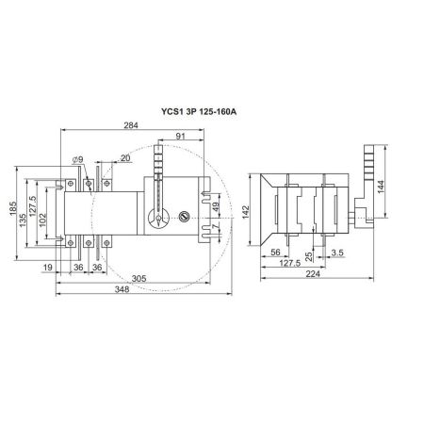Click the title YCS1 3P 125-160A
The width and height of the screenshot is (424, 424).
click(199, 111)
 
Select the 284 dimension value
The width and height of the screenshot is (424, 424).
click(131, 125)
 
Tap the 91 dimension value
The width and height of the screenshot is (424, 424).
click(180, 136)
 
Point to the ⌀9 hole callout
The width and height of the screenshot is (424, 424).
click(77, 160)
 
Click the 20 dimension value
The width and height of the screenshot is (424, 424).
click(125, 158)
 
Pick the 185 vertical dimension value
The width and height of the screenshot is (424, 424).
click(13, 208)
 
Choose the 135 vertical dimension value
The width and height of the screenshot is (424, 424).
click(23, 220)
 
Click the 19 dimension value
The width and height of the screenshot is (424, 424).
click(47, 268)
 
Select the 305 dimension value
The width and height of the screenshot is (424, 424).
click(139, 279)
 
